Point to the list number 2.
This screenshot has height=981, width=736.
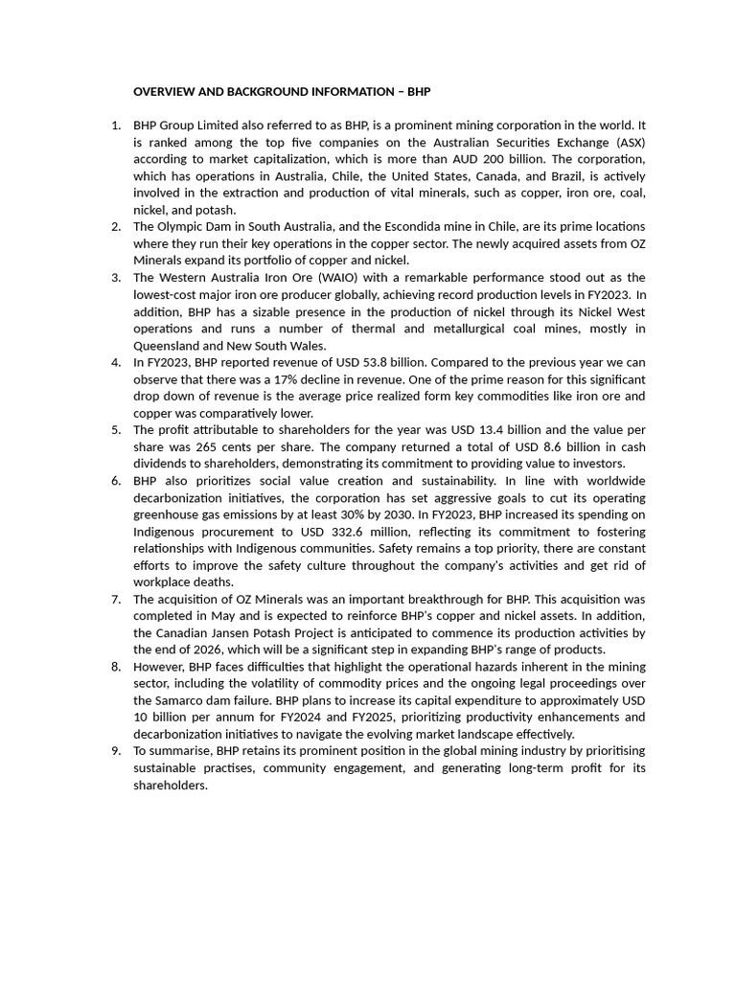coord(115,227)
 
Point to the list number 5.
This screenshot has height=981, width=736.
coord(115,430)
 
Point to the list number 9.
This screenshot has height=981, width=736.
coord(115,751)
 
